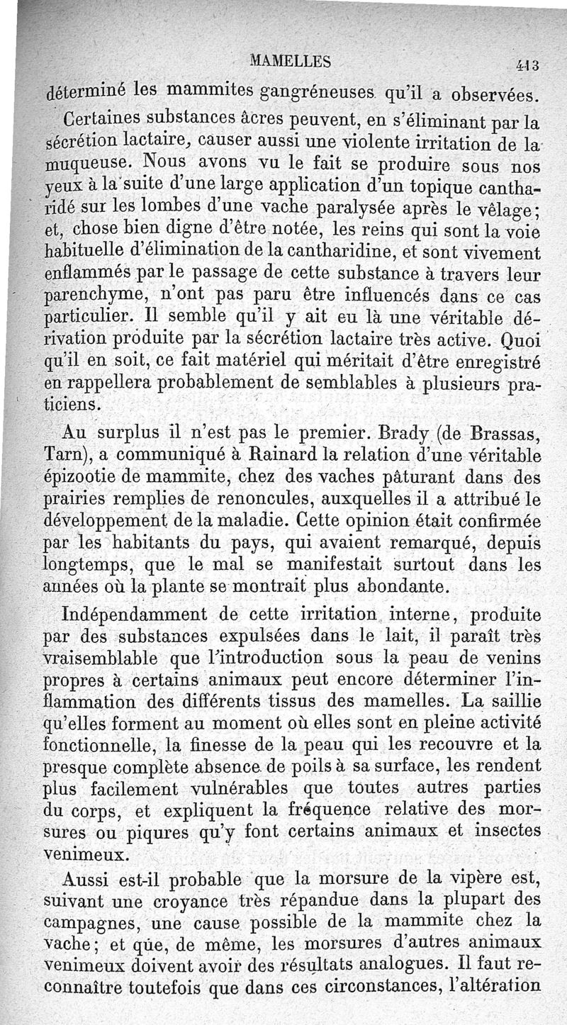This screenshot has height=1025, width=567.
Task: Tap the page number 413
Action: pos(528,65)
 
